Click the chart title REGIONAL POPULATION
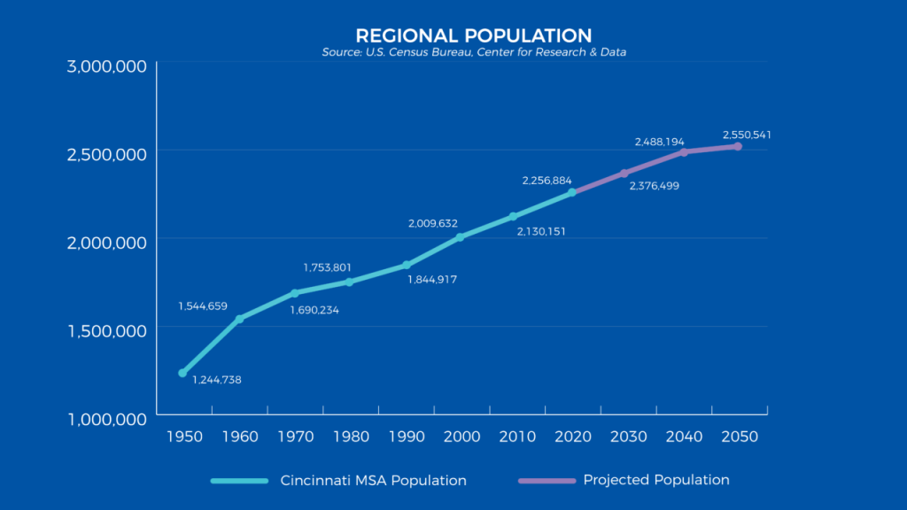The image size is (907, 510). pos(473,36)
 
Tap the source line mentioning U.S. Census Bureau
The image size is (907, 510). pos(474,53)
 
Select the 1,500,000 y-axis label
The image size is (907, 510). pos(107,331)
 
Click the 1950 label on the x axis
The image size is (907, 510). pos(183,437)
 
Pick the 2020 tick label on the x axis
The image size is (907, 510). pos(572,437)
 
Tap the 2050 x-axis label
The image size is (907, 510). pos(739,437)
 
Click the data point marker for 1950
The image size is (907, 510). pos(182,373)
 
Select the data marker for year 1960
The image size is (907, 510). pos(239,319)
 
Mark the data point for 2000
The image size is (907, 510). pos(460,237)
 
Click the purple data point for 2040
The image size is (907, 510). pos(684,152)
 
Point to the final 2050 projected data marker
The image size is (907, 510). pos(738,146)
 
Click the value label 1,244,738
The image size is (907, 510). pos(216,380)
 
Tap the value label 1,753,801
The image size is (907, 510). pos(327,267)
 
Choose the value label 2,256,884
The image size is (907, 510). pos(547,180)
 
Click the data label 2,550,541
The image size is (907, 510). pos(747,135)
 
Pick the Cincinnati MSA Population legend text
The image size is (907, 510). pos(373,481)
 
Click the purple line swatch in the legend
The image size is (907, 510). pos(546,481)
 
